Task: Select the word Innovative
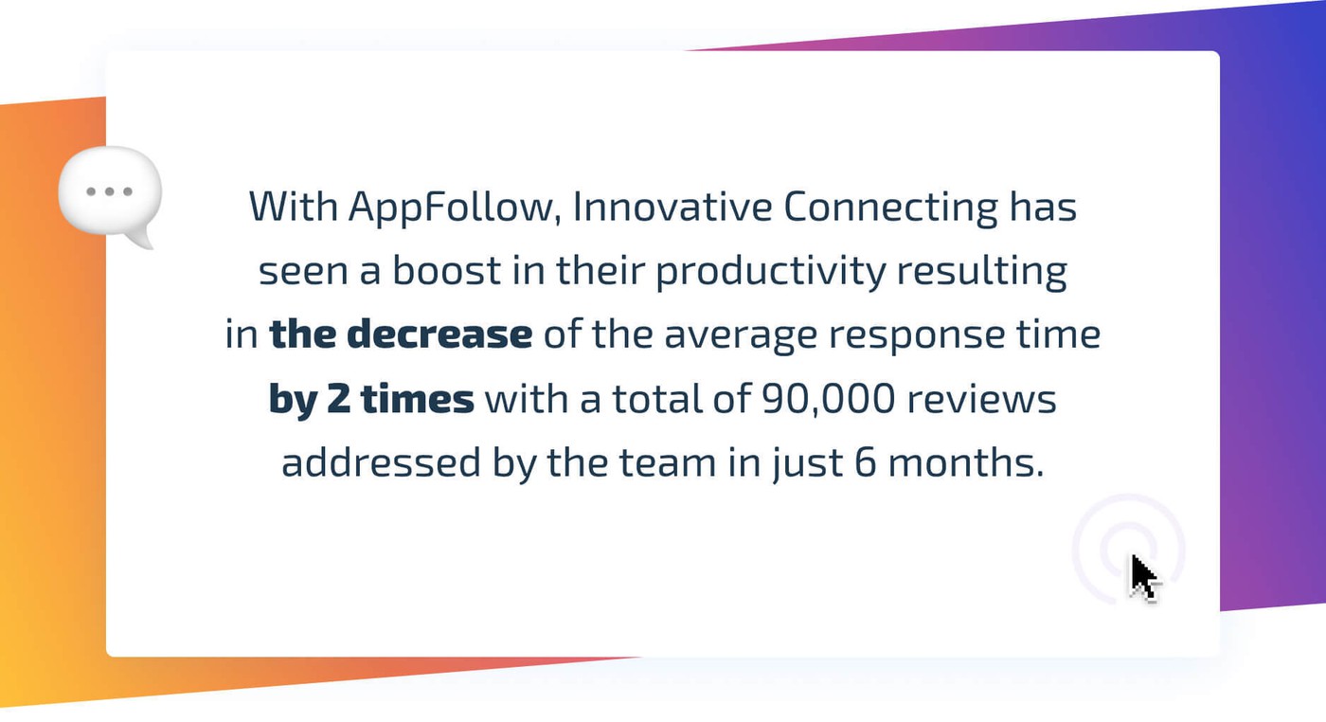point(672,207)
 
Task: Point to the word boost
point(446,270)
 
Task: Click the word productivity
point(771,272)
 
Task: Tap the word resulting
point(982,272)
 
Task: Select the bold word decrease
point(439,334)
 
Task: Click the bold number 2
point(338,398)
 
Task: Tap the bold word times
point(418,398)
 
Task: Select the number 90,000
point(828,399)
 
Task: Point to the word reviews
point(981,398)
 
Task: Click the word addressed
point(381,461)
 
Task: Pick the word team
point(668,463)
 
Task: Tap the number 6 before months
point(865,462)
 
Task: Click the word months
point(966,462)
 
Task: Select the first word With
point(293,207)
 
